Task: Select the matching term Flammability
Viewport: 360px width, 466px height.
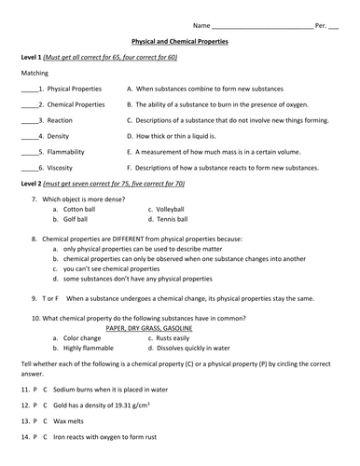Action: [74, 152]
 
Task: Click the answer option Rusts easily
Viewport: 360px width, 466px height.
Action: [181, 337]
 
